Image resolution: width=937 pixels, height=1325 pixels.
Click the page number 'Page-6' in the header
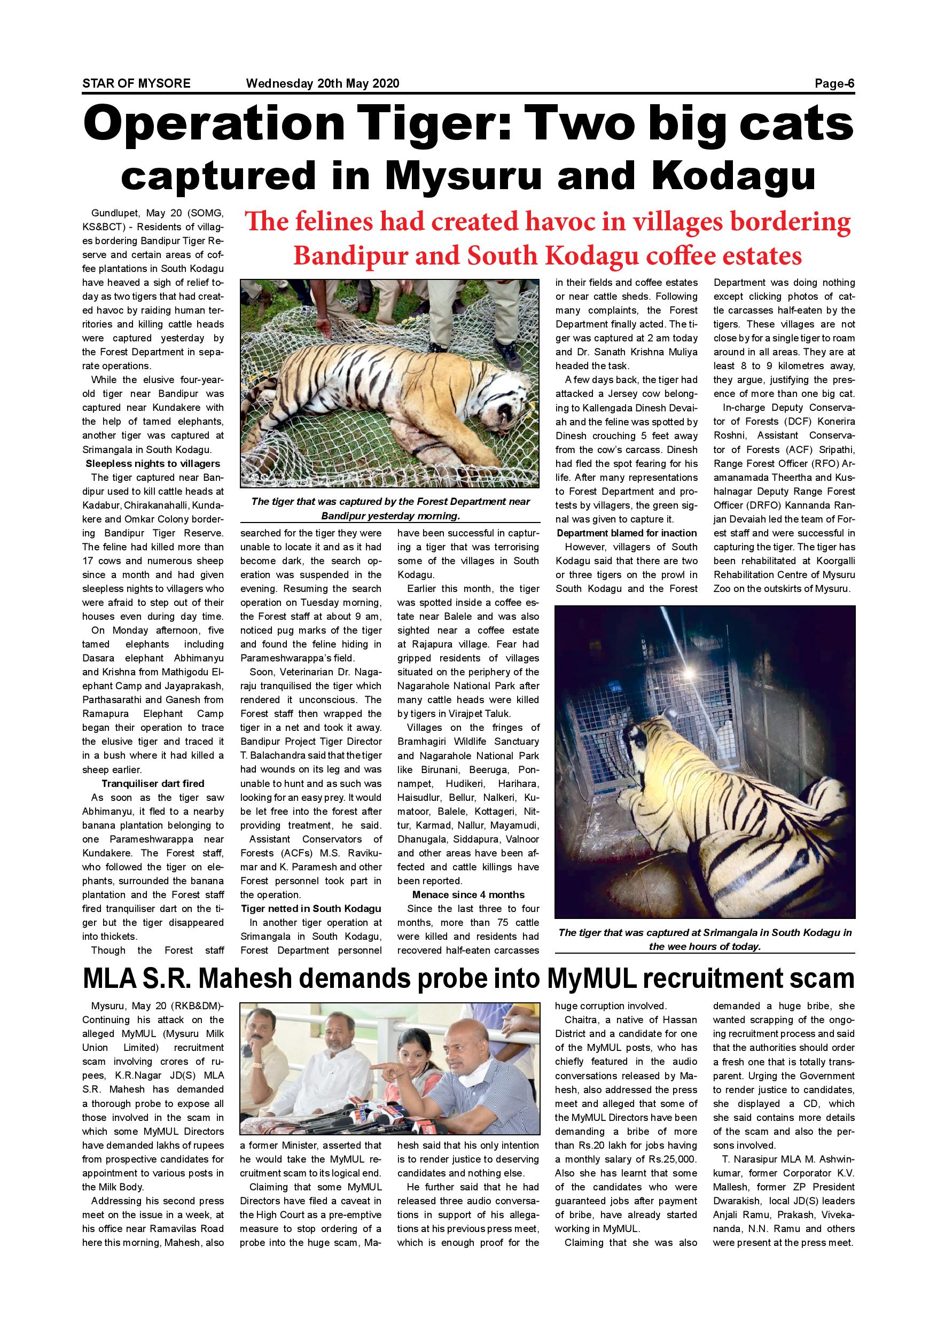point(834,84)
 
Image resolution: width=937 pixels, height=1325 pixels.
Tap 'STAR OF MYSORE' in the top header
point(136,84)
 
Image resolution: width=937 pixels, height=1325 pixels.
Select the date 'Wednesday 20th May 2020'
point(323,84)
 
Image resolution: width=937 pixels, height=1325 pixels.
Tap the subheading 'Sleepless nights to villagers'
point(153,463)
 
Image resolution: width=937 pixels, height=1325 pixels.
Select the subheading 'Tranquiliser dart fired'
point(153,783)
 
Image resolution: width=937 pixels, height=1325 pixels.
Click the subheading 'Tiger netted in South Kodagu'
point(311,908)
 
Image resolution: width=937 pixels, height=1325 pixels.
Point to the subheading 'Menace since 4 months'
point(468,894)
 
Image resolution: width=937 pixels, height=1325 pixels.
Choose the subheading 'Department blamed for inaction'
point(627,533)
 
